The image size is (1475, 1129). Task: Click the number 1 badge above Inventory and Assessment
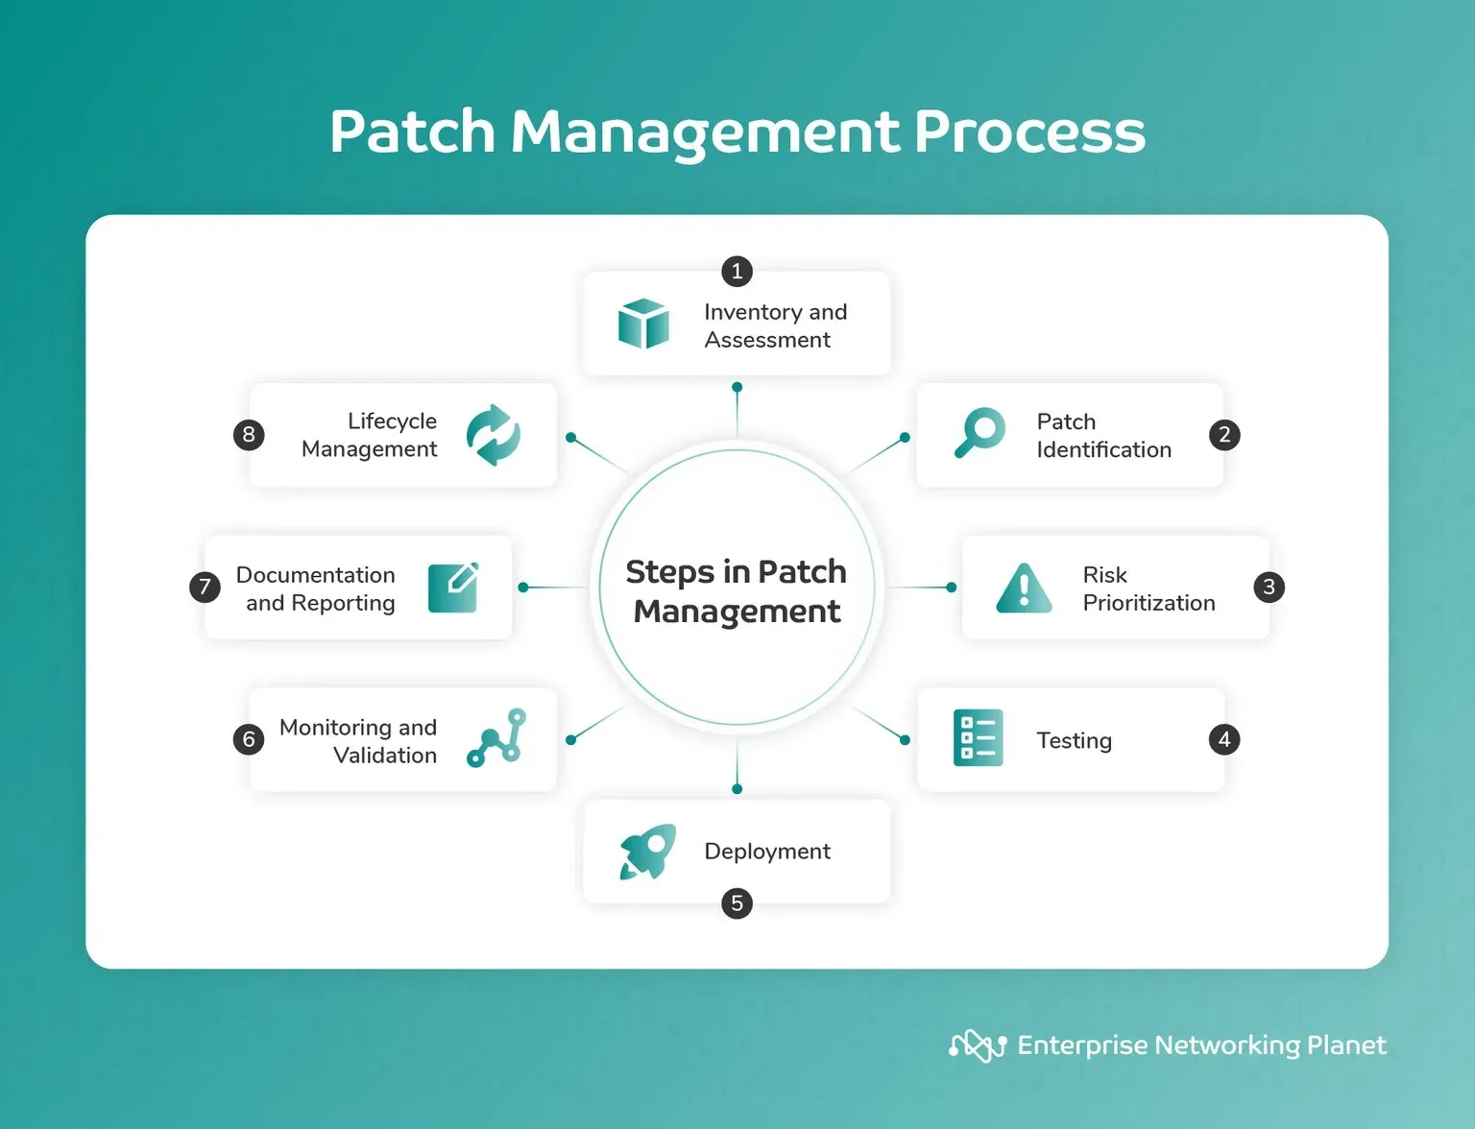(x=737, y=272)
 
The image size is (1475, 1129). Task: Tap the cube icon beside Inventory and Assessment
(x=643, y=324)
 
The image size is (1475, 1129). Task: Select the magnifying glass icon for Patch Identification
(x=979, y=433)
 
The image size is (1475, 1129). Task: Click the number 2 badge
(x=1224, y=434)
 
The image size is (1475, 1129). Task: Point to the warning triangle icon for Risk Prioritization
(x=1025, y=589)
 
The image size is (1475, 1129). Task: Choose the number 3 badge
(x=1269, y=587)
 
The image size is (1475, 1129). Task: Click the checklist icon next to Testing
(x=979, y=738)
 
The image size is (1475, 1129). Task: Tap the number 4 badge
(x=1224, y=739)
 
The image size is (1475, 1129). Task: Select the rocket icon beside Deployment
(x=647, y=852)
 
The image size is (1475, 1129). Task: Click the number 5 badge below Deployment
(x=737, y=903)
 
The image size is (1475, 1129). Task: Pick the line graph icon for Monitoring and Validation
(x=496, y=738)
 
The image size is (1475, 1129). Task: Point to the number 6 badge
(x=249, y=739)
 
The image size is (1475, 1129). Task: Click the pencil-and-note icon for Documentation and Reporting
(x=453, y=588)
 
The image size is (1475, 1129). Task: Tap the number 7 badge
(x=205, y=587)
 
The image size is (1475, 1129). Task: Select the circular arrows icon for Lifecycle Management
(x=494, y=435)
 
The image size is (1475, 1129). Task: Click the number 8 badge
(x=249, y=434)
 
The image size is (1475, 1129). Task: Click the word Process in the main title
(x=1029, y=132)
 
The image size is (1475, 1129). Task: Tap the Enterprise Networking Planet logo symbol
(x=978, y=1045)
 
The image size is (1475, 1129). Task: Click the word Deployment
(x=767, y=852)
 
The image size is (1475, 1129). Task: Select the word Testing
(x=1074, y=741)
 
